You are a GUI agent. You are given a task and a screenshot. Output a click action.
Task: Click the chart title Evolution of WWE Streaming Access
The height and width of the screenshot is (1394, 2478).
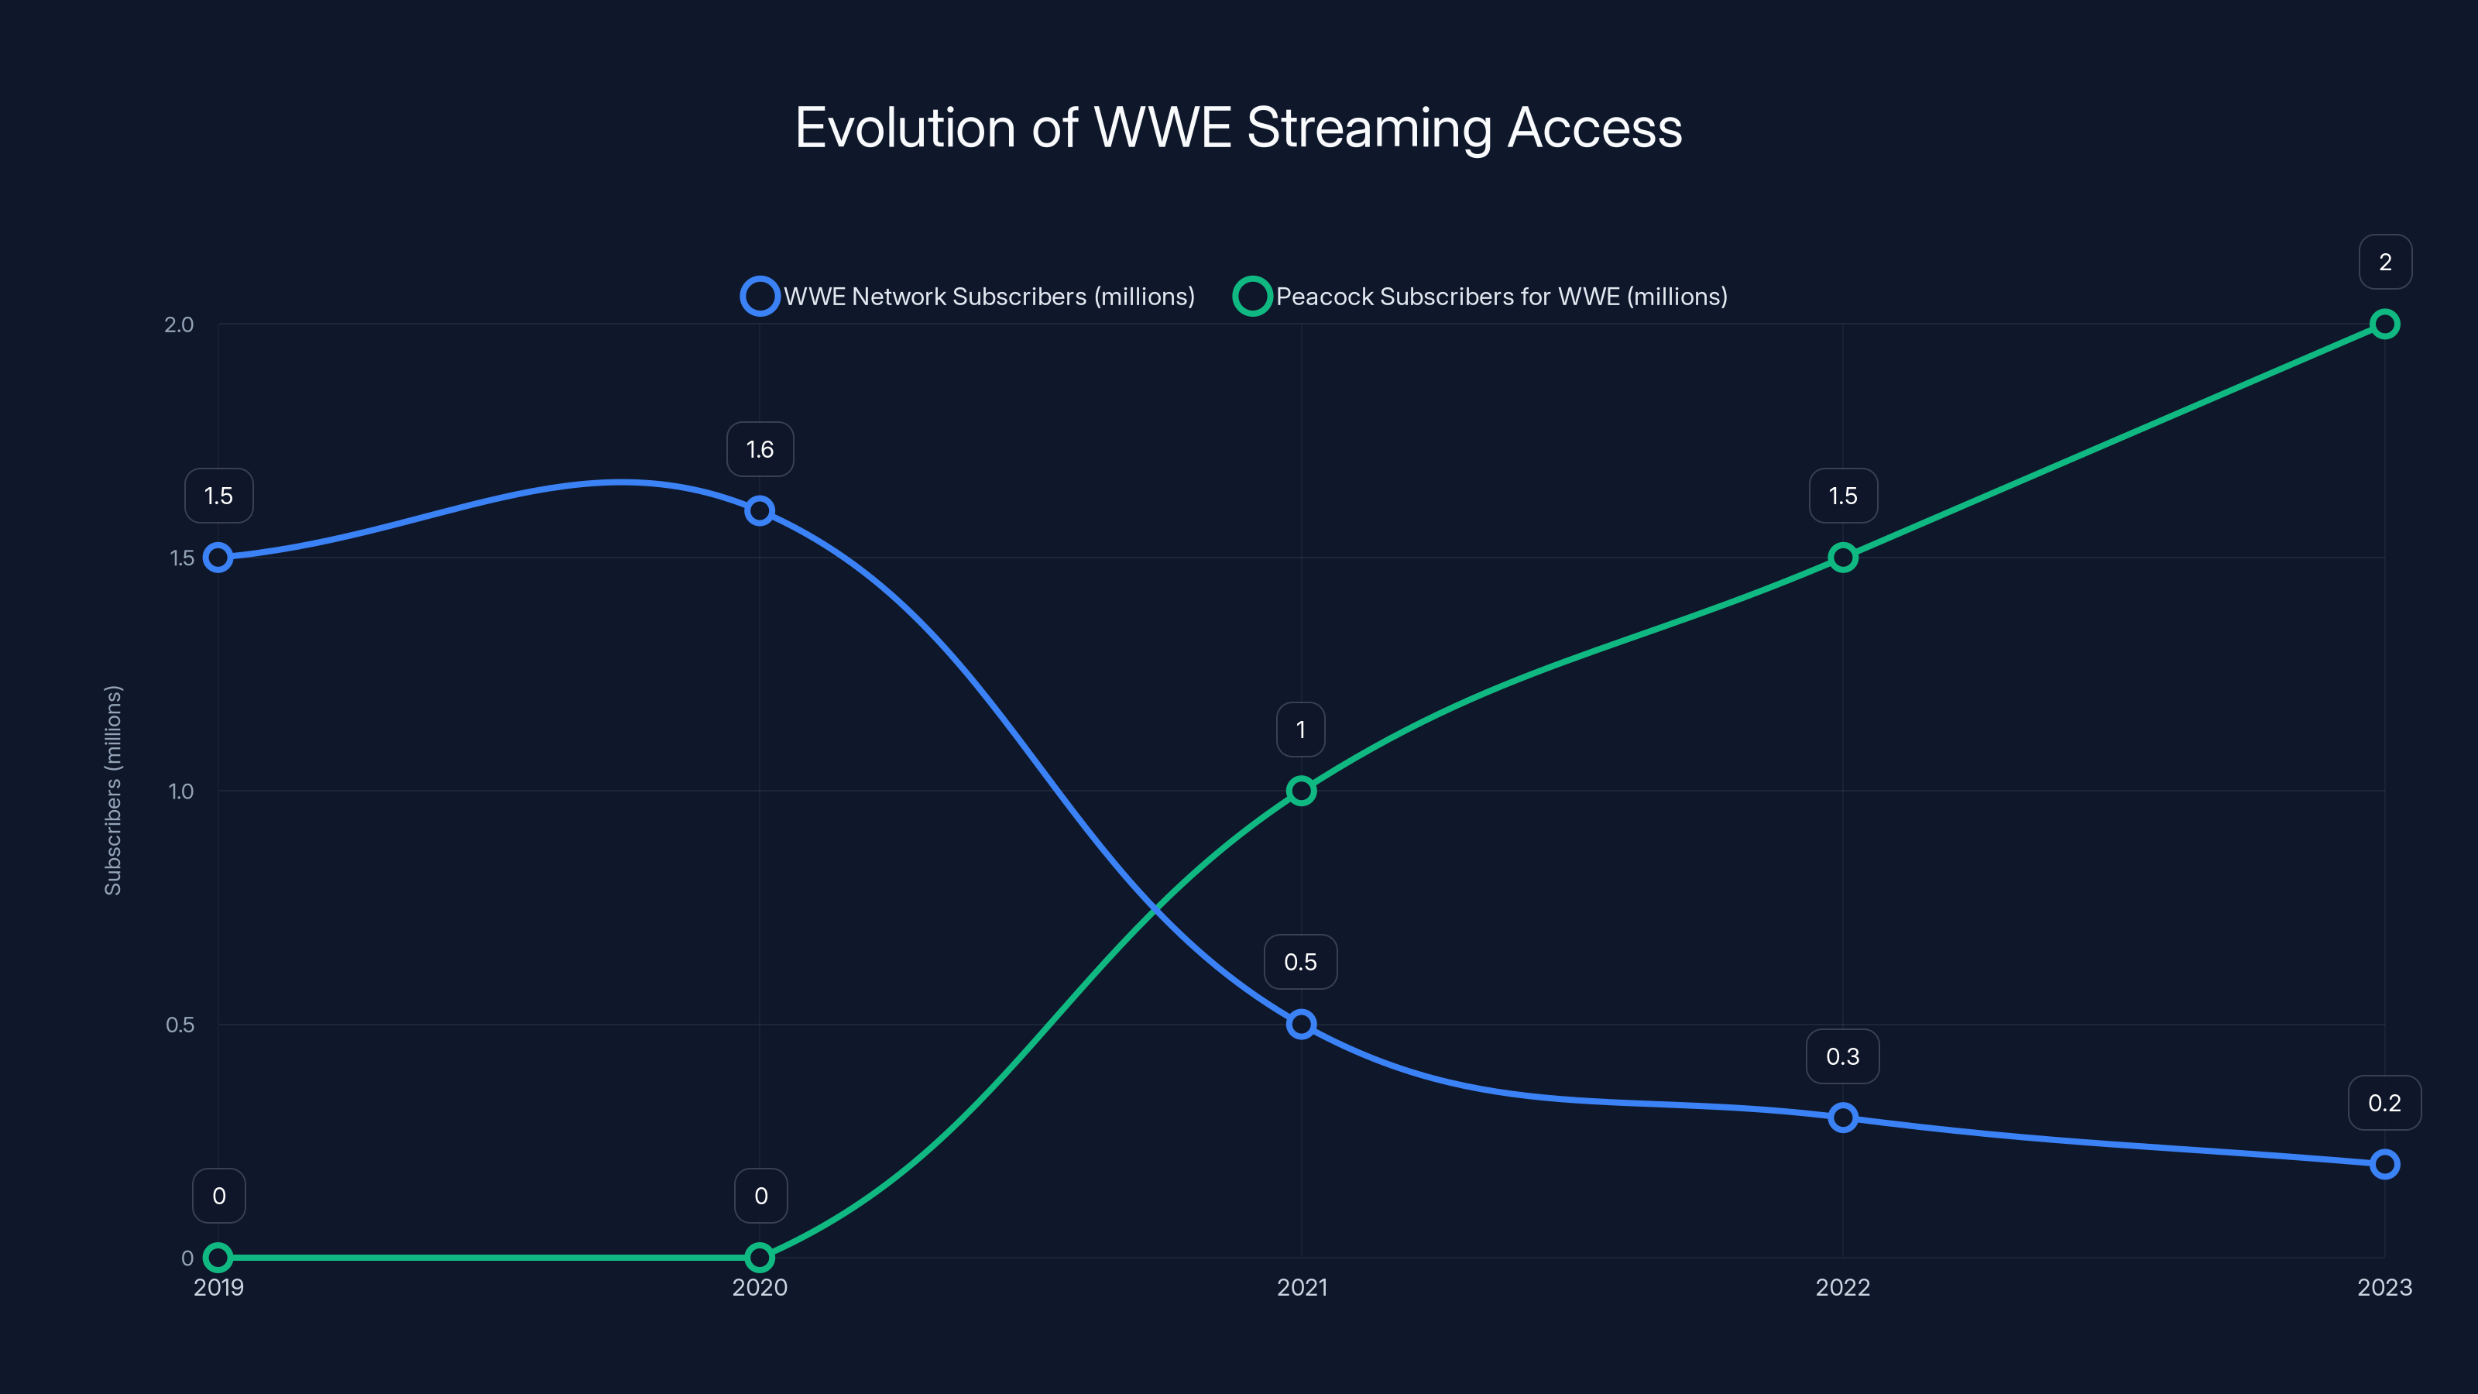coord(1238,128)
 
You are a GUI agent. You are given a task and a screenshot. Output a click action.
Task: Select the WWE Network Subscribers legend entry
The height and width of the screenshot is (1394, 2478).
coord(968,297)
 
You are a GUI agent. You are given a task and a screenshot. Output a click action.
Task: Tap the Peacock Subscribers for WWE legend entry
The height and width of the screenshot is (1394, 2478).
coord(1481,297)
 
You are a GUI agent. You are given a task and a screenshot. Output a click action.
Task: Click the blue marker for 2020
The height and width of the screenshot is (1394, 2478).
coord(760,511)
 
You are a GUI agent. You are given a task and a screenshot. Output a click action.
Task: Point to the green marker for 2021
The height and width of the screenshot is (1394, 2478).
coord(1301,791)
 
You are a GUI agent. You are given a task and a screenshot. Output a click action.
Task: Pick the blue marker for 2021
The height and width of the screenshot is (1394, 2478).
coord(1301,1025)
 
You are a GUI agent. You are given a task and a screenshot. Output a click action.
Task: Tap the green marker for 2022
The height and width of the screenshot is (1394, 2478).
coord(1842,558)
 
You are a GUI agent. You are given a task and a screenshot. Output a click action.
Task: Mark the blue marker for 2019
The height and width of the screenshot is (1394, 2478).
coord(218,558)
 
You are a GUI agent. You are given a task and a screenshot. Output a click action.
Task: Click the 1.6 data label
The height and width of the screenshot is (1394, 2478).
coord(760,449)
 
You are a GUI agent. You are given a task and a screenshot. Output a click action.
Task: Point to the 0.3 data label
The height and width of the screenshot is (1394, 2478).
coord(1842,1056)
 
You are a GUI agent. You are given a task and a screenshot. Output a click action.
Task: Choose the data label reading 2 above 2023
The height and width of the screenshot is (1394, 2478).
coord(2385,262)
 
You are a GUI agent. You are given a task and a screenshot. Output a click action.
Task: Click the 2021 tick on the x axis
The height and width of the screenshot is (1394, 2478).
coord(1302,1287)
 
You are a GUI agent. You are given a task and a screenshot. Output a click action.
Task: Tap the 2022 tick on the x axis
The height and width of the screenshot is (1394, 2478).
coord(1842,1287)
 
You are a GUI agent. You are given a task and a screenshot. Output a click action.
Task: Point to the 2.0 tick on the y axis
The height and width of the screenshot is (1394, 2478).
coord(179,324)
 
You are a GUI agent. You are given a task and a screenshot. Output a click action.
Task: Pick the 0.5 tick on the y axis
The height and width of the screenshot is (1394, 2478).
coord(180,1025)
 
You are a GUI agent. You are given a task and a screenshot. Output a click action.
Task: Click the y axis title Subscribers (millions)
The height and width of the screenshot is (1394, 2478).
coord(114,790)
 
